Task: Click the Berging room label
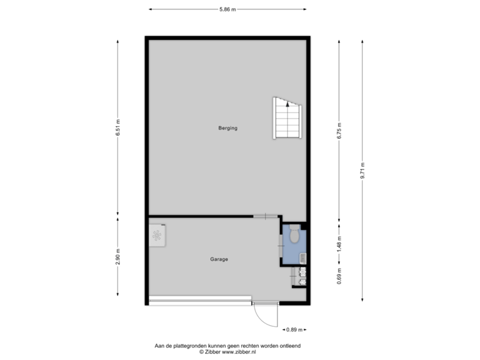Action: pyautogui.click(x=227, y=128)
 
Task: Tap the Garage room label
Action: pyautogui.click(x=219, y=259)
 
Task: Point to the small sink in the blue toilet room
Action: pyautogui.click(x=301, y=257)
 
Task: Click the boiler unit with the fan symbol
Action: pyautogui.click(x=158, y=235)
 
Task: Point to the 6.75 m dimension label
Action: pyautogui.click(x=339, y=128)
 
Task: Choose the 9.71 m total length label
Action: pyautogui.click(x=363, y=171)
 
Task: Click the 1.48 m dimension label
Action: pyautogui.click(x=339, y=241)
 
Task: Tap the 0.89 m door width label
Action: pyautogui.click(x=294, y=329)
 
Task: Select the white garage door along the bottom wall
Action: pyautogui.click(x=200, y=301)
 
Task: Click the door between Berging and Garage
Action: pyautogui.click(x=265, y=216)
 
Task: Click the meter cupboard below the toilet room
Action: pyautogui.click(x=300, y=277)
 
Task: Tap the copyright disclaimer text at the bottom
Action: pyautogui.click(x=227, y=348)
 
